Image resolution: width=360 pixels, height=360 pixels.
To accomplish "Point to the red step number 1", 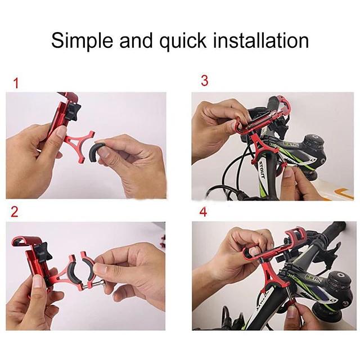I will pyautogui.click(x=16, y=84).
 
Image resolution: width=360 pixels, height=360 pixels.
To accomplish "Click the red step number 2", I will pyautogui.click(x=15, y=212).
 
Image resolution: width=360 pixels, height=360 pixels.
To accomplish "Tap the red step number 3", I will pyautogui.click(x=204, y=81).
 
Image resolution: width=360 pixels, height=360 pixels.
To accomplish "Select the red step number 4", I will pyautogui.click(x=203, y=212).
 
